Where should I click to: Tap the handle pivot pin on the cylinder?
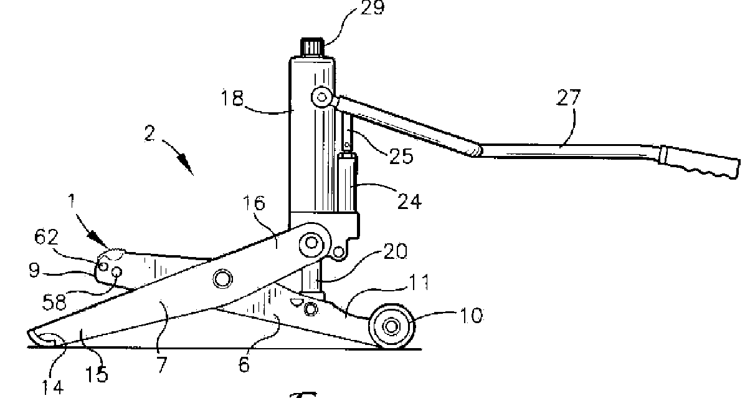coord(321,97)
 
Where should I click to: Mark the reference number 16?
coord(255,203)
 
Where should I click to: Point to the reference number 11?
coord(419,284)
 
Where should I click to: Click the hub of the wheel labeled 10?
coord(392,326)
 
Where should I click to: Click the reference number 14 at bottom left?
coord(53,387)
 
